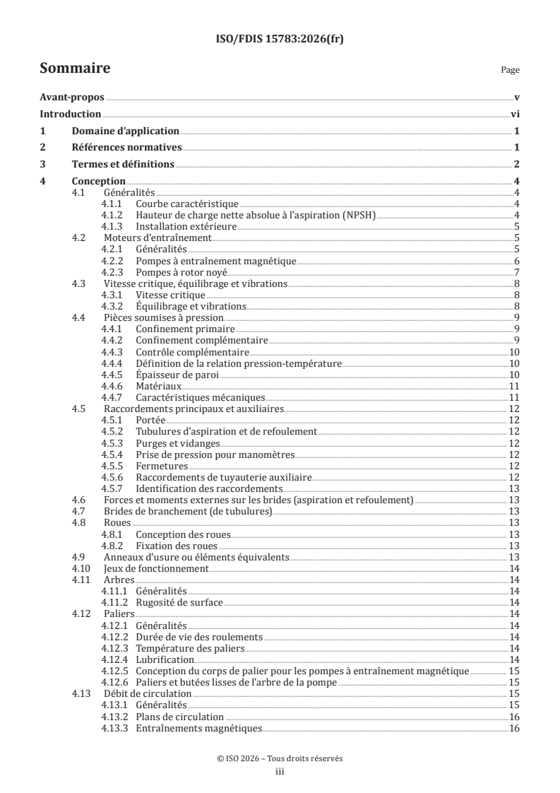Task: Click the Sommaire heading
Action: pos(74,69)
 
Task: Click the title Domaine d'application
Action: pos(125,131)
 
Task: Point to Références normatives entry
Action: pos(127,148)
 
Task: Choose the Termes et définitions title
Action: pos(123,165)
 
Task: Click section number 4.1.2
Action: pos(113,215)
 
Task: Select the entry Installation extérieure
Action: pos(186,226)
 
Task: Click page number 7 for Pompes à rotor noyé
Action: pos(517,272)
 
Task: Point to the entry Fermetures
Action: pos(162,466)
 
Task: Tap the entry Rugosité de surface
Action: pos(179,602)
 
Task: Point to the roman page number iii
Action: pos(280,772)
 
